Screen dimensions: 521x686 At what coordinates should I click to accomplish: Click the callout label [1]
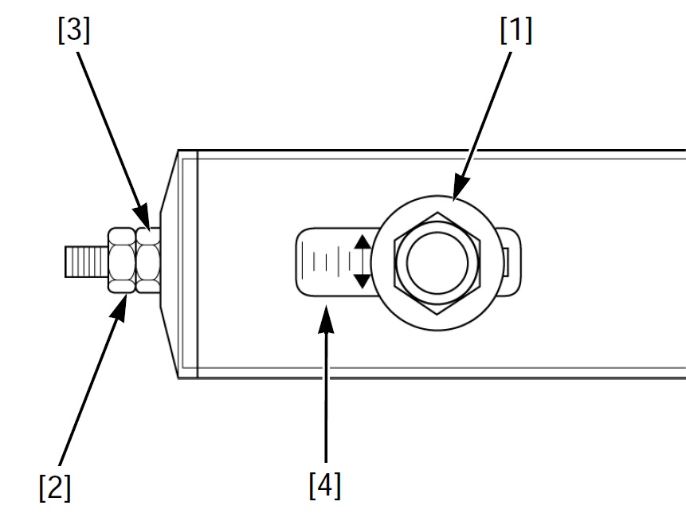[515, 31]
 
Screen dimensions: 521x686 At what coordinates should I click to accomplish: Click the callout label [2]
[55, 488]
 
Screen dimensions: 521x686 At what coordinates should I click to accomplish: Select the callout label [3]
[73, 31]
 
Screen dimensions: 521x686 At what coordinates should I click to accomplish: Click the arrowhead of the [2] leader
[124, 300]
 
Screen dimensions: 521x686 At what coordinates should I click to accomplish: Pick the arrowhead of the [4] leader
[325, 308]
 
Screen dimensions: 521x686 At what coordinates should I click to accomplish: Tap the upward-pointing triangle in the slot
[362, 242]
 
